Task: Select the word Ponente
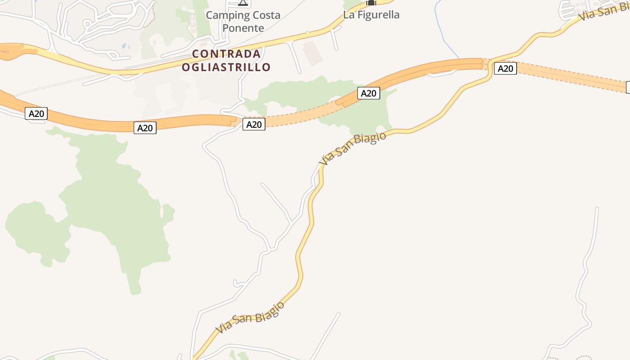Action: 243,28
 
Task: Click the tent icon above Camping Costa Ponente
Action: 243,2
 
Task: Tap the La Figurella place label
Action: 371,15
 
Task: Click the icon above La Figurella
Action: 371,2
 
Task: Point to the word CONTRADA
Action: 226,54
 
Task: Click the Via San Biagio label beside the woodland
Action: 352,148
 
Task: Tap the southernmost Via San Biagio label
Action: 250,318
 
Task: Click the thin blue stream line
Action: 445,36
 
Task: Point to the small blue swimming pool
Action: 124,46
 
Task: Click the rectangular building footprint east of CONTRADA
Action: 313,53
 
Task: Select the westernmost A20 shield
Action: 36,113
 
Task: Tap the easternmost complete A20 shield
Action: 505,68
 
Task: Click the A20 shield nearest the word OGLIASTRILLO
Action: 254,124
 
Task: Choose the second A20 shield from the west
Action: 145,128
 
